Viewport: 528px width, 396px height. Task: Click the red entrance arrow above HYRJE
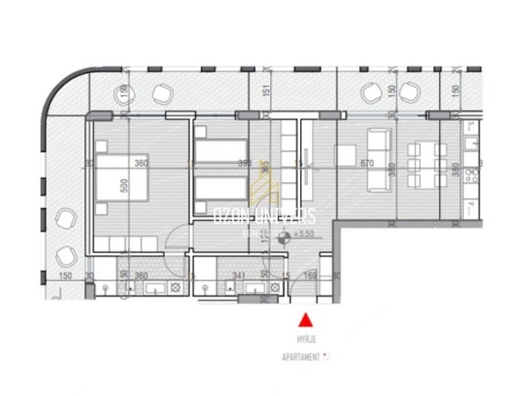pos(305,320)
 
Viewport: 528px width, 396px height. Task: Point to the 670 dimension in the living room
pos(368,163)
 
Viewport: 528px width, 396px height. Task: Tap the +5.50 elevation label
pos(306,234)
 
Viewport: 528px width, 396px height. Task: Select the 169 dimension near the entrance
pos(308,275)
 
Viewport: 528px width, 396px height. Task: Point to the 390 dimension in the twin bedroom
pos(246,163)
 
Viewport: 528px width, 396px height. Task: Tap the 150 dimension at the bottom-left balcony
pos(64,275)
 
